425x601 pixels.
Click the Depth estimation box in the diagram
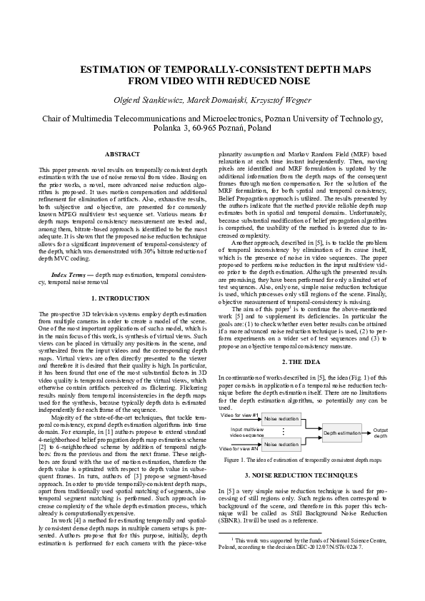[x=342, y=433]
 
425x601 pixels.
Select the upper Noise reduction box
[x=281, y=418]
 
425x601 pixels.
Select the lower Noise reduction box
[x=281, y=445]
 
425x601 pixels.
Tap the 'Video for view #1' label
[x=239, y=415]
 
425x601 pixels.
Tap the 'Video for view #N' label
[x=239, y=448]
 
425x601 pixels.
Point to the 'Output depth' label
[x=380, y=433]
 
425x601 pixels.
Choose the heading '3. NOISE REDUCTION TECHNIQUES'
[x=305, y=475]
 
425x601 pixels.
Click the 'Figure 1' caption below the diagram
[x=305, y=460]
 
